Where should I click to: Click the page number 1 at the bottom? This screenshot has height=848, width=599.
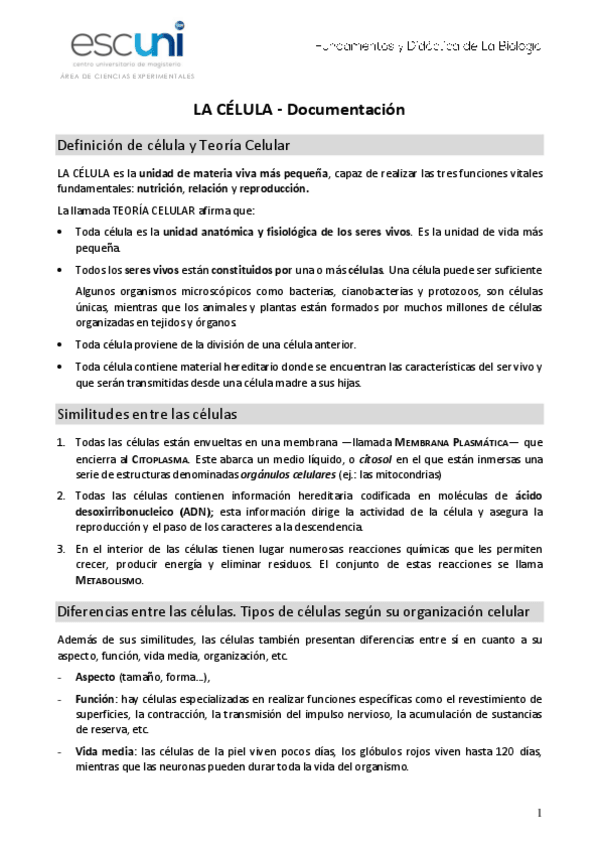click(539, 812)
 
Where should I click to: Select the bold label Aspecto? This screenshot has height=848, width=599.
click(96, 677)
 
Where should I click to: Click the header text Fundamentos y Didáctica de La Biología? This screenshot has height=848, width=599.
click(428, 46)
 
